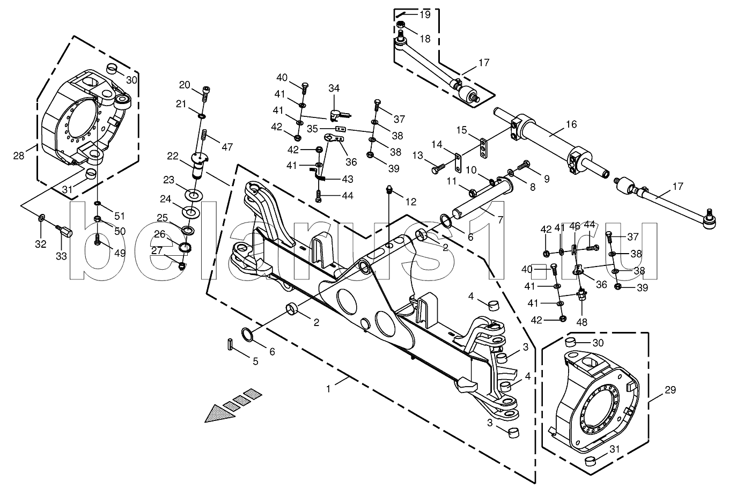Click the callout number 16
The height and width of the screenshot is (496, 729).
click(571, 124)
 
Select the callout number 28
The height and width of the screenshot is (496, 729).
click(19, 156)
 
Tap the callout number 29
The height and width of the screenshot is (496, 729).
click(670, 390)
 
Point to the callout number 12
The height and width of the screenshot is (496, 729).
click(411, 202)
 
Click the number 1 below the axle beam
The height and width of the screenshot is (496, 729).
click(328, 389)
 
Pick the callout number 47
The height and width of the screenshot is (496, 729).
click(227, 147)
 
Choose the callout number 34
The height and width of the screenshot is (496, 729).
click(334, 88)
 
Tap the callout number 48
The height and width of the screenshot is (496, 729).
click(581, 322)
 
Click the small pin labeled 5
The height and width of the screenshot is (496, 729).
click(230, 344)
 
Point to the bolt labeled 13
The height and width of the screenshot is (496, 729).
click(439, 168)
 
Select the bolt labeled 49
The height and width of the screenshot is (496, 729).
click(97, 241)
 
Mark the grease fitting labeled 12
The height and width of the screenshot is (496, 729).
click(389, 190)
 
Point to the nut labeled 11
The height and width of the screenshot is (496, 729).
click(473, 193)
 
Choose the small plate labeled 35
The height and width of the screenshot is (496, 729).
click(340, 129)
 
